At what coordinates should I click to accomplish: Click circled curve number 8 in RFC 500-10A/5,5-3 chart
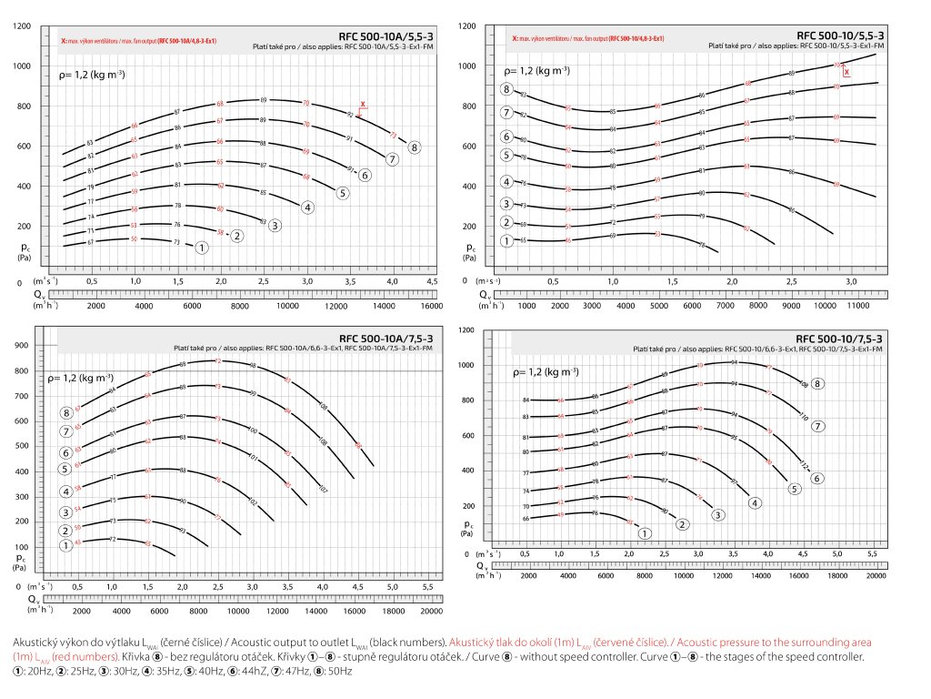tap(415, 147)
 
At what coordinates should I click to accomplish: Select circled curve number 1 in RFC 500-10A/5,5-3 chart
tap(202, 247)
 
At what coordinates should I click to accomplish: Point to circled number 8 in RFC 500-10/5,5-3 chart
tap(506, 89)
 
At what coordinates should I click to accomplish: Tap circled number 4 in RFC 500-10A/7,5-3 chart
tap(66, 491)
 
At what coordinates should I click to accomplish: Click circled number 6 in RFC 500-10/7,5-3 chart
tap(817, 479)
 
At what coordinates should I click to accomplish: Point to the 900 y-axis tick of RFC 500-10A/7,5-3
tap(22, 346)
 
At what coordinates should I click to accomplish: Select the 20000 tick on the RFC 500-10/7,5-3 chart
tap(876, 576)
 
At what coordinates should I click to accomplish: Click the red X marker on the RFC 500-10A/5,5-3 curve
tap(363, 105)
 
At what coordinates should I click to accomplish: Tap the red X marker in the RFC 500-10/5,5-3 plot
tap(846, 70)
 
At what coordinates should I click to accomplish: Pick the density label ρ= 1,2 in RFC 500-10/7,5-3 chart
tap(546, 371)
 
